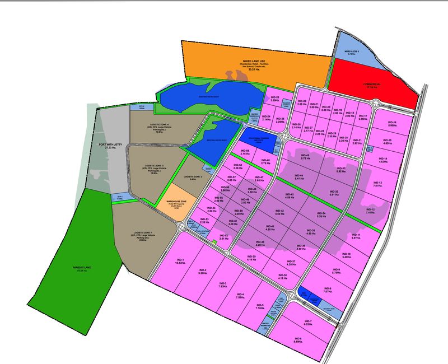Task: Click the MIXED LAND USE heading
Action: pos(253,59)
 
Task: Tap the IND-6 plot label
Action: pos(297,340)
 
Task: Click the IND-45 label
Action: pos(305,157)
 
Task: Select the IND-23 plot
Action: pos(274,100)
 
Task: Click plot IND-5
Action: pos(259,306)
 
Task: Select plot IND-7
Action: pos(307,323)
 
